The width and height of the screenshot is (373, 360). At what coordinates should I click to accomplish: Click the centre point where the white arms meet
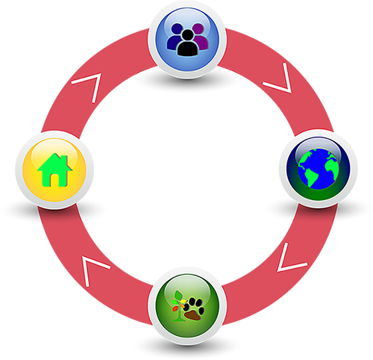(x=184, y=179)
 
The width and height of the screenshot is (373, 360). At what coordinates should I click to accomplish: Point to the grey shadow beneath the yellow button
(x=54, y=211)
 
